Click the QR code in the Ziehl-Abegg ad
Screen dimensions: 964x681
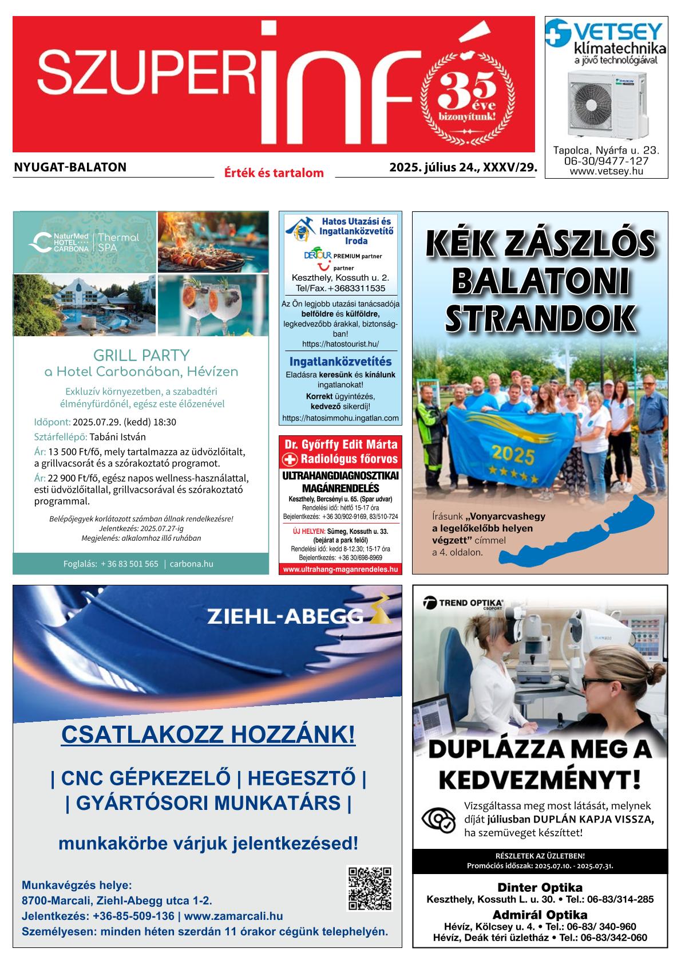pos(370,888)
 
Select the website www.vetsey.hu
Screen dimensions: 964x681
pos(606,171)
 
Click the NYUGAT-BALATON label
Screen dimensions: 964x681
pos(70,167)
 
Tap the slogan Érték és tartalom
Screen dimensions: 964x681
pos(274,172)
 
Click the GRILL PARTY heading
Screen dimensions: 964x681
pos(141,355)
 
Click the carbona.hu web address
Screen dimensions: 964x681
pos(191,564)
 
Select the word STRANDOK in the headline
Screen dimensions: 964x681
pos(541,319)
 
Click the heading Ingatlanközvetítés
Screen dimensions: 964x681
pos(340,362)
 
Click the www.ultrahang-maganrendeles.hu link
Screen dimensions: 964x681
pos(340,569)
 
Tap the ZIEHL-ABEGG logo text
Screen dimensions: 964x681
pos(285,616)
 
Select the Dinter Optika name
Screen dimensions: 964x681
pos(540,888)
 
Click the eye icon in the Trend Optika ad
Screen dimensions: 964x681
pos(438,820)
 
